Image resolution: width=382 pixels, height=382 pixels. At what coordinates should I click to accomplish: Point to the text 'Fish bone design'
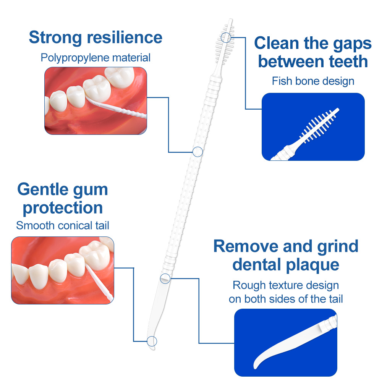pos(313,81)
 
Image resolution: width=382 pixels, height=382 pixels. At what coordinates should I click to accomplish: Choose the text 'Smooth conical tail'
pos(63,225)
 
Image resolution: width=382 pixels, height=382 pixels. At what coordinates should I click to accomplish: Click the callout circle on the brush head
pos(226,37)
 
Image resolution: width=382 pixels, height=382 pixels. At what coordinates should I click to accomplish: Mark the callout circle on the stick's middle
pos(197,152)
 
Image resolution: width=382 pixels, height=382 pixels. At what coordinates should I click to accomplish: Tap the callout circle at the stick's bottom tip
pos(152,341)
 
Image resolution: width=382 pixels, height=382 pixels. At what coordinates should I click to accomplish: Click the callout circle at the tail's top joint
pos(165,278)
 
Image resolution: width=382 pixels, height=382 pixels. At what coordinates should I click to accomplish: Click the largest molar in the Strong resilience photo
pos(97,91)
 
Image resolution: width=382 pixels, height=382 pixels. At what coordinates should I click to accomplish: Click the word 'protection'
pos(63,208)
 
